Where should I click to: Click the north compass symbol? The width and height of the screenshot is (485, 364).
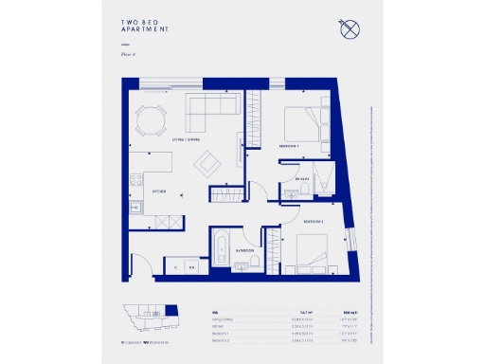[x=349, y=29]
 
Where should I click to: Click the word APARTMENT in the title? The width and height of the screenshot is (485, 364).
[x=145, y=30]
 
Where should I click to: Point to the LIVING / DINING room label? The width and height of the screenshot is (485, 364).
[x=186, y=140]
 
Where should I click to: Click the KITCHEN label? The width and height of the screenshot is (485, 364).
[x=159, y=191]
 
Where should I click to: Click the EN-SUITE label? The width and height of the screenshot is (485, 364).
[x=302, y=177]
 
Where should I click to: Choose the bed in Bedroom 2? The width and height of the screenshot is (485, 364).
[x=310, y=251]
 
